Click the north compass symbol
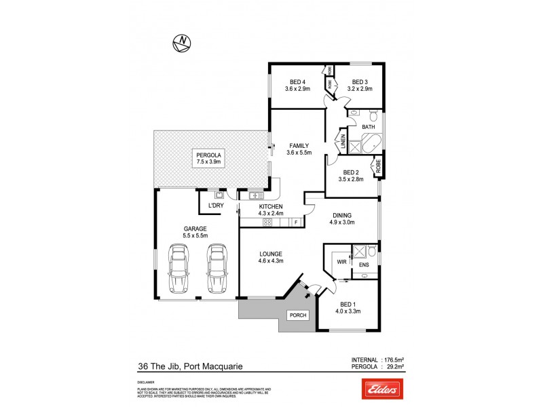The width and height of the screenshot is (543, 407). click(x=182, y=43)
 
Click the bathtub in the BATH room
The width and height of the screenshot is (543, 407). click(x=371, y=144)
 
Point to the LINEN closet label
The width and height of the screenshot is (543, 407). click(x=343, y=143)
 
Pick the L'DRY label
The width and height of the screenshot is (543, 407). click(x=216, y=205)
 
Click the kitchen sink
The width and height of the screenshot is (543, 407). click(x=256, y=196)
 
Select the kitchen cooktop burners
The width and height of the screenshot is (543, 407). click(x=267, y=222)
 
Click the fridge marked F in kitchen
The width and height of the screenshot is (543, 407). click(x=296, y=222)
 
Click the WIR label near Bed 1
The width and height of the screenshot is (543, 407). click(x=341, y=261)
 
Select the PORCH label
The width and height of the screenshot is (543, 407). click(x=297, y=315)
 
